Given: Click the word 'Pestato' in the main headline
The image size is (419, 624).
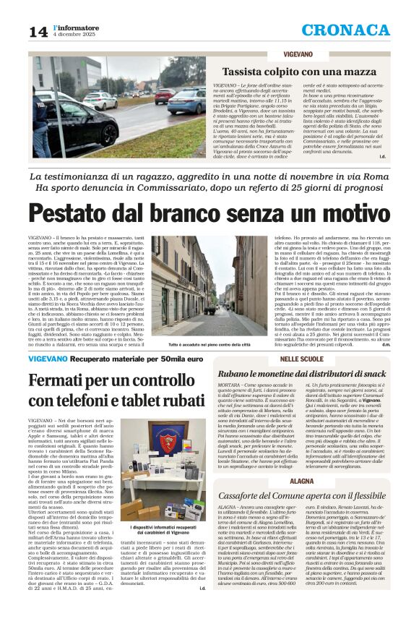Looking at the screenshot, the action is tap(80, 215).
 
